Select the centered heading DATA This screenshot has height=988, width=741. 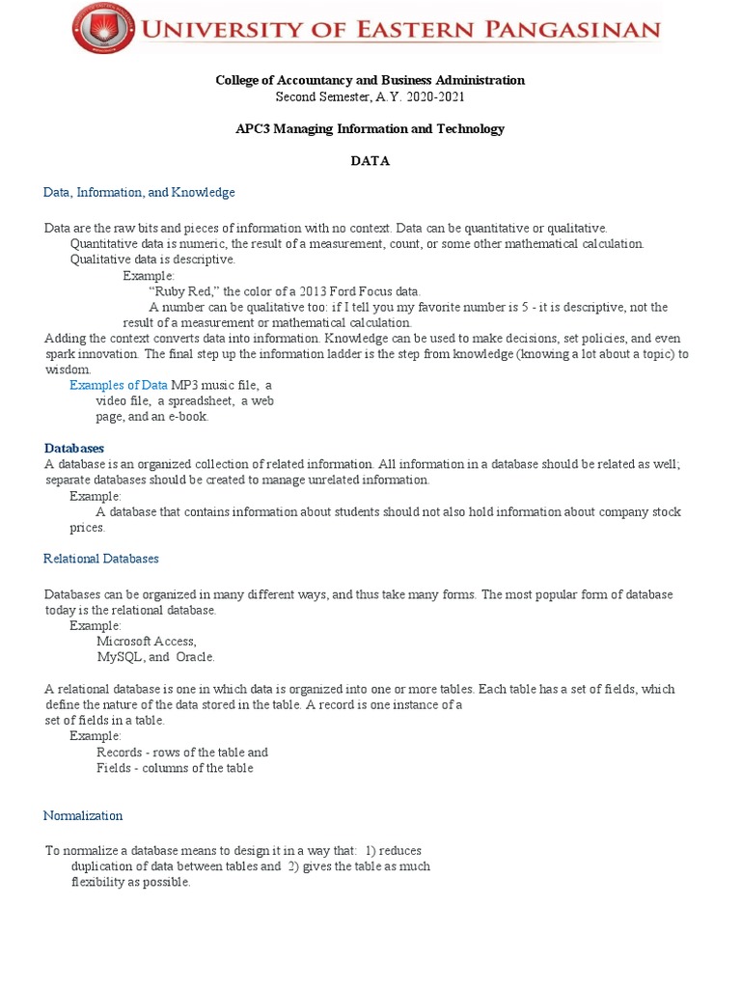tap(370, 161)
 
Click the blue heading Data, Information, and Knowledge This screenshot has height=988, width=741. tap(139, 192)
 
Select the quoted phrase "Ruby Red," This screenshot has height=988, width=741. tap(184, 291)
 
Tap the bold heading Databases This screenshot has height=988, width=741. tap(74, 448)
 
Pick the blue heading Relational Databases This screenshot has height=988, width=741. tap(101, 559)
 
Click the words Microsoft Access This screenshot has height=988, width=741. tap(146, 641)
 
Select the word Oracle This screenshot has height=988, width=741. tap(194, 657)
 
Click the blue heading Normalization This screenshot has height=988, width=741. tap(83, 815)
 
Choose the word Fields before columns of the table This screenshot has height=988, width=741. tap(115, 768)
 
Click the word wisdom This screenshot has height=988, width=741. tap(68, 370)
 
